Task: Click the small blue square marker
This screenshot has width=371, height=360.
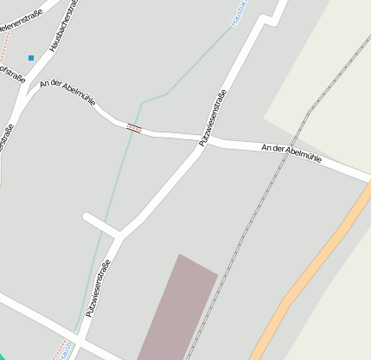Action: pyautogui.click(x=31, y=58)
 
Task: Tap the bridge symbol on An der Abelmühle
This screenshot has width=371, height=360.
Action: pyautogui.click(x=133, y=128)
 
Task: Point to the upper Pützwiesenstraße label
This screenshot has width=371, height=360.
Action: pyautogui.click(x=213, y=118)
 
